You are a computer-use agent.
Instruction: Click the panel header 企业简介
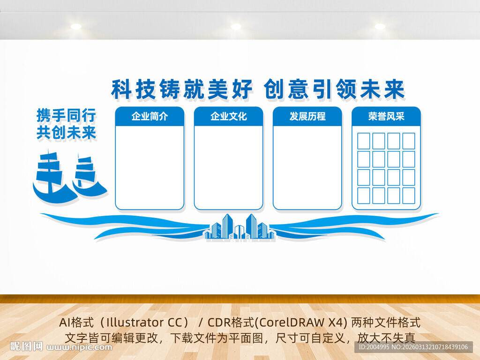pos(150,116)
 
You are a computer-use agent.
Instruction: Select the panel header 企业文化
pos(228,116)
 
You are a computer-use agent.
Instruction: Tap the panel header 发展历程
pos(307,116)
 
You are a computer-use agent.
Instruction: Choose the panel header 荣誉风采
pos(386,116)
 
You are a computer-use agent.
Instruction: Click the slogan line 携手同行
pos(66,115)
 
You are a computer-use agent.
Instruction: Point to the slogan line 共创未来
pos(66,133)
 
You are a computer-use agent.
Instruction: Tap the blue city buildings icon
pos(239,227)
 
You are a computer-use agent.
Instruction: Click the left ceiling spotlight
pos(76,27)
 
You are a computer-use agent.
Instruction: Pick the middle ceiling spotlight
pos(236,27)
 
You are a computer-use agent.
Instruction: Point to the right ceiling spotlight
pos(380,27)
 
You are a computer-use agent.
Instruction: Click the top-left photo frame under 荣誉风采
pos(364,141)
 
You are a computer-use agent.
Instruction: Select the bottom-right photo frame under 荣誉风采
pos(409,195)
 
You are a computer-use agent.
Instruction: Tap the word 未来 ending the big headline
pos(382,89)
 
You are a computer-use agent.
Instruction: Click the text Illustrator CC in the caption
pos(141,322)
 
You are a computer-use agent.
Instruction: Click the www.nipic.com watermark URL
pos(80,347)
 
